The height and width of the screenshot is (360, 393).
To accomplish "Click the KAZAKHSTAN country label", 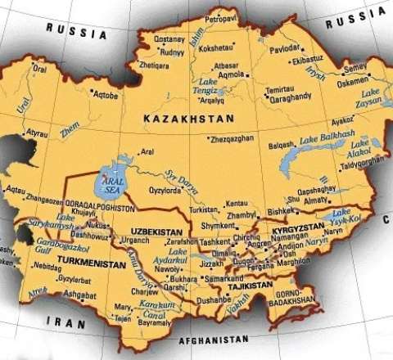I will [188, 119].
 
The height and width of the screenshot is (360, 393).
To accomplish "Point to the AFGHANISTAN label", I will [210, 338].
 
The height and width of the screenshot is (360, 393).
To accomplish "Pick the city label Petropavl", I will [221, 17].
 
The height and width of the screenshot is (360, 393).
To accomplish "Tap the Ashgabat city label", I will [79, 295].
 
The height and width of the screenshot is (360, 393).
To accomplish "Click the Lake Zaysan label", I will [370, 99].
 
